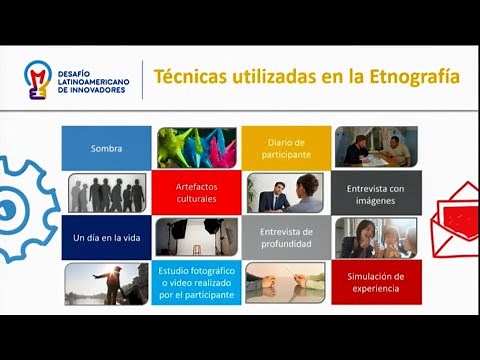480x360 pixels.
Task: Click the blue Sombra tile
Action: (x=106, y=148)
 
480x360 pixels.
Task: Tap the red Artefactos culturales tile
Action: (x=196, y=192)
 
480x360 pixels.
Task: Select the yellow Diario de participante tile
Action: (x=286, y=148)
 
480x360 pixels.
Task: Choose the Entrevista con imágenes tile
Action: (x=376, y=192)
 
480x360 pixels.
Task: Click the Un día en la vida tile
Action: (x=106, y=238)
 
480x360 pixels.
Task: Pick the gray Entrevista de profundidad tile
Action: (x=286, y=238)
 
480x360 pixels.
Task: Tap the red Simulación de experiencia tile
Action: (x=376, y=282)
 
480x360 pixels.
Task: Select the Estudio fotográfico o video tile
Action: (x=196, y=282)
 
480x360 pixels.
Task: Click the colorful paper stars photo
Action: (x=196, y=148)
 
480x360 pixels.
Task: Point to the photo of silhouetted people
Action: (x=106, y=192)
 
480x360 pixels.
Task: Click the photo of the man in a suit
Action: (x=286, y=192)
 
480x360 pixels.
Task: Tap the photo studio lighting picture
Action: (x=196, y=238)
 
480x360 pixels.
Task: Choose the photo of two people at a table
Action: (x=376, y=148)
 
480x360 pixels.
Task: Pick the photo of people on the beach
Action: (x=106, y=282)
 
